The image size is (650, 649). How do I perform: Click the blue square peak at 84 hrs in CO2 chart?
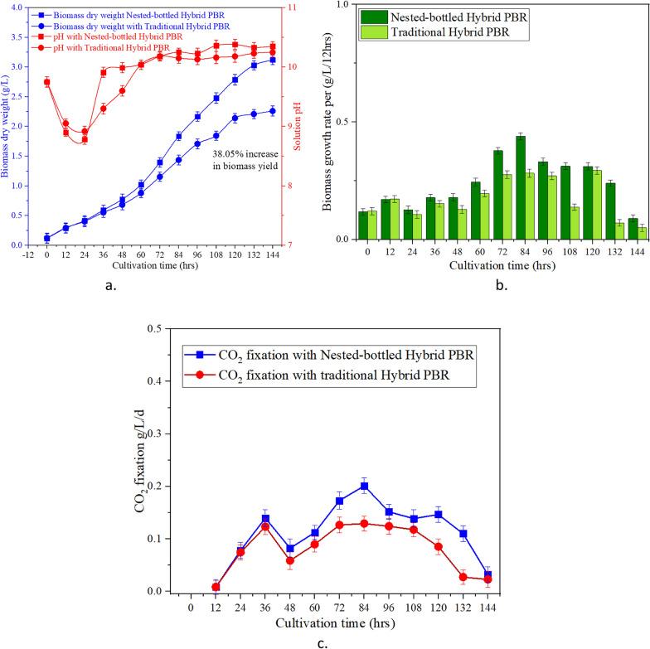(364, 486)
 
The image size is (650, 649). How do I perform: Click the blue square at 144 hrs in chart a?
(272, 61)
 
